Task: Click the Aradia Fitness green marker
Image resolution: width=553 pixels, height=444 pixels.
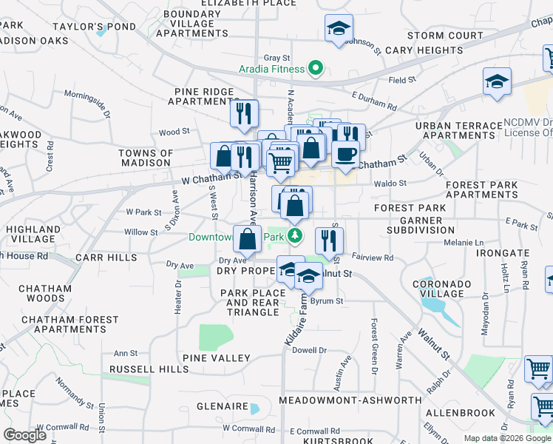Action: coord(316,69)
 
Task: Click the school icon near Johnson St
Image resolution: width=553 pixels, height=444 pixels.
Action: coord(339,29)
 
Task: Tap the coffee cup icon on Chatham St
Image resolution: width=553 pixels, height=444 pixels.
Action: coord(345,154)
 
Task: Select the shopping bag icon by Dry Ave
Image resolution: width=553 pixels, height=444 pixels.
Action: coord(248,238)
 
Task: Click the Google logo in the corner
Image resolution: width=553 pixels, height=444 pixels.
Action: coord(25,435)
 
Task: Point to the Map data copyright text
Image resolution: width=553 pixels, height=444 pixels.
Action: coord(506,438)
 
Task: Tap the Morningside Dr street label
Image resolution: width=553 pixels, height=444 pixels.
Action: coord(88,103)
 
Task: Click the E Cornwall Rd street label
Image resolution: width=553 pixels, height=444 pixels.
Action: coord(314,431)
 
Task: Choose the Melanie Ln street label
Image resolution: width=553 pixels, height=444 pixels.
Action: coord(463,243)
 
